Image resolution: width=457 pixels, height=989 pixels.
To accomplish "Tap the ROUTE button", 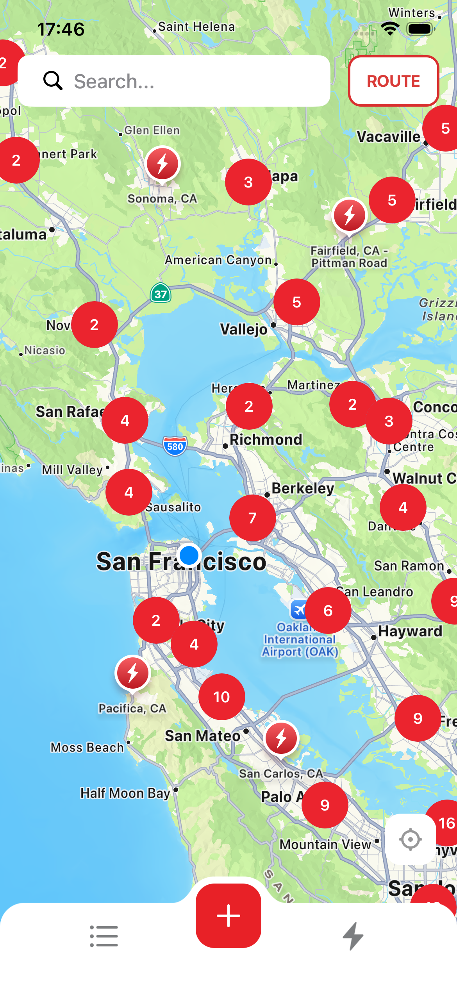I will click(x=393, y=81).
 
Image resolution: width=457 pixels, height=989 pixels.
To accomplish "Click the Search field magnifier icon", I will click(x=53, y=81).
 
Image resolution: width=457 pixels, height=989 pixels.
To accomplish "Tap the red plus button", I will click(x=228, y=915).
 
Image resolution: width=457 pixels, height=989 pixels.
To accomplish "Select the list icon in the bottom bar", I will click(x=104, y=936).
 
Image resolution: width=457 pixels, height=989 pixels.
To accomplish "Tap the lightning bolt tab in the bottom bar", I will click(x=353, y=936).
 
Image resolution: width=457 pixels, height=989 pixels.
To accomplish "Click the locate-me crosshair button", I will click(x=411, y=839).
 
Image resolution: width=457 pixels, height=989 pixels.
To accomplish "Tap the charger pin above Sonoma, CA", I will click(x=163, y=164).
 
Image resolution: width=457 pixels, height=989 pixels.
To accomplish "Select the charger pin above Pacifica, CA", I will click(x=133, y=673).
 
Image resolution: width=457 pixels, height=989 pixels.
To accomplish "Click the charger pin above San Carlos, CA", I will click(x=281, y=738).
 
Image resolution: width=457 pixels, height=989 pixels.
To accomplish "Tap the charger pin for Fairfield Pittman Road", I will click(x=350, y=215).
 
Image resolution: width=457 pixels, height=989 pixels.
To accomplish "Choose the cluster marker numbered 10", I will click(x=222, y=697).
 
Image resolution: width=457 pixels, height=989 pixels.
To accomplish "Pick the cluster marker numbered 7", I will click(x=253, y=518).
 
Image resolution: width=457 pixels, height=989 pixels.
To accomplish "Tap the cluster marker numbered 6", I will click(x=328, y=611).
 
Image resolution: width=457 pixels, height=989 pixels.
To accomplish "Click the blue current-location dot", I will click(x=189, y=555).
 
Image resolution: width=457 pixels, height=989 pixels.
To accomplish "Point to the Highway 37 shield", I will click(x=161, y=293).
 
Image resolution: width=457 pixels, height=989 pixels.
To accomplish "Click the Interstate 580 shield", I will click(x=175, y=446).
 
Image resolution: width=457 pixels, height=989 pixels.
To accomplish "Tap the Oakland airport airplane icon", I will click(x=299, y=609).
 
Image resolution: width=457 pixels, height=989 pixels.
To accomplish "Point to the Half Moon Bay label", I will click(x=125, y=793).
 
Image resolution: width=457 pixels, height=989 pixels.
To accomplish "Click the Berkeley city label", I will click(x=303, y=488).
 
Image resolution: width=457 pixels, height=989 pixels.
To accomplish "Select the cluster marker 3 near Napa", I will click(x=248, y=182).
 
